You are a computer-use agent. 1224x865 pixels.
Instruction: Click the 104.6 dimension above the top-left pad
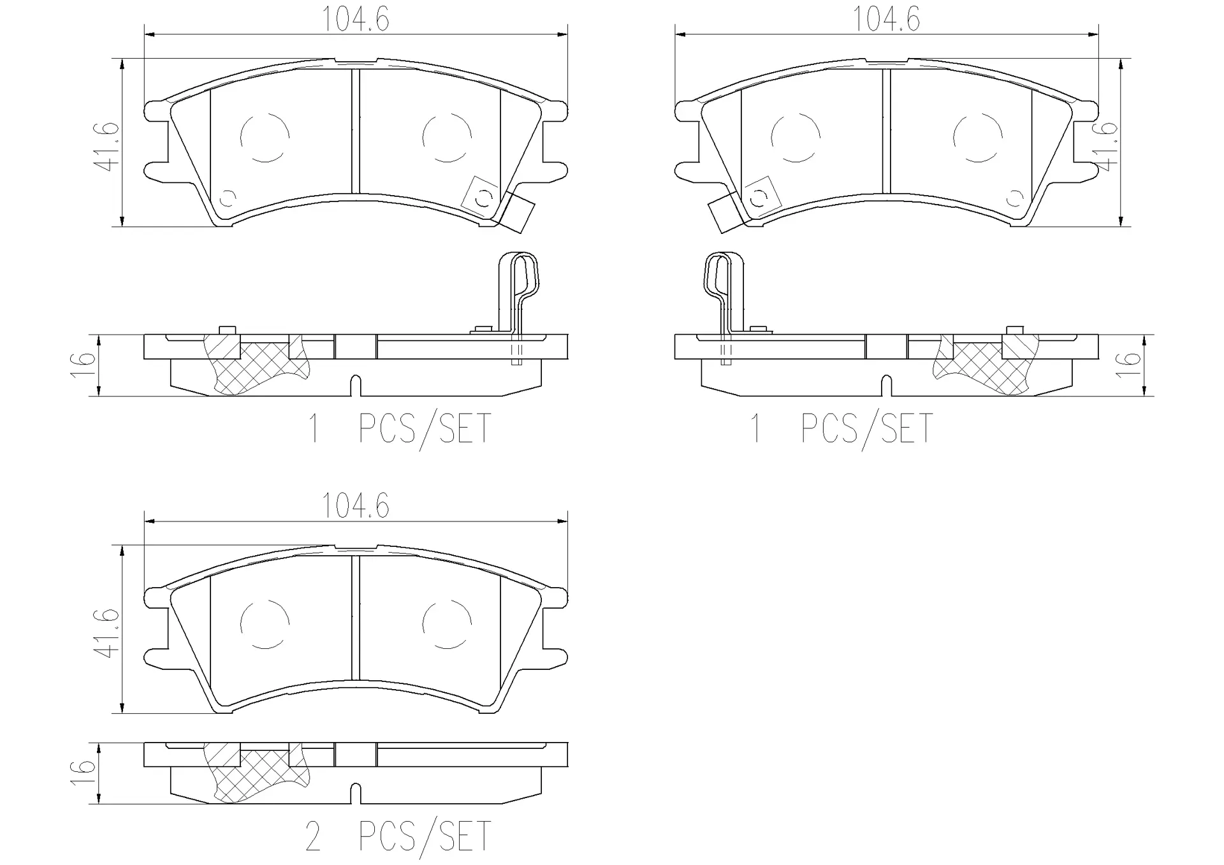point(356,19)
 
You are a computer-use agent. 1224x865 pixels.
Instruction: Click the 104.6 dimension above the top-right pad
point(886,19)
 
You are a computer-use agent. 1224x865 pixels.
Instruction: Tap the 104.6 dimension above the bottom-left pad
point(356,506)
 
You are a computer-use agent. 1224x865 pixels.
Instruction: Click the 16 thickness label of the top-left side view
point(85,365)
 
